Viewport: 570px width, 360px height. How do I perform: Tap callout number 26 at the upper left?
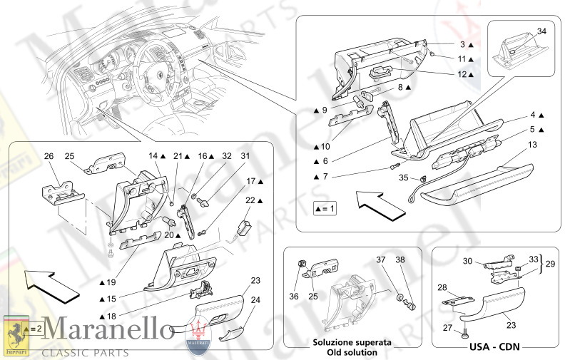(x=49, y=156)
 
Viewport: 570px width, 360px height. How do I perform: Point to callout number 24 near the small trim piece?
(x=255, y=300)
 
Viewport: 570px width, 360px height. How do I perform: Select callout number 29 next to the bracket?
(x=549, y=264)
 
